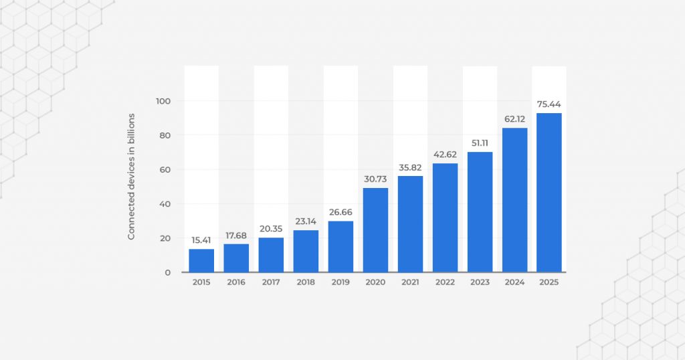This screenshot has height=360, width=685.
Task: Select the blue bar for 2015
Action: pos(201,260)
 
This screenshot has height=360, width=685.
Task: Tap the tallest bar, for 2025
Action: pos(549,192)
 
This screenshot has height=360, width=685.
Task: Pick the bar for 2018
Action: pos(306,251)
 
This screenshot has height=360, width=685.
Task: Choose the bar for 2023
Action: pos(480,211)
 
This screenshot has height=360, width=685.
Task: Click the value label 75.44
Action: pos(549,104)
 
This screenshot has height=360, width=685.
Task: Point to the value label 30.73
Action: pos(375,179)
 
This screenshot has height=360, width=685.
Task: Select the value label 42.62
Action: pos(445,155)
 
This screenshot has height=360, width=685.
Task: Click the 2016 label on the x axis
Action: pos(236,282)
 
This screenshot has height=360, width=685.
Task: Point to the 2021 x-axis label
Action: pos(410,282)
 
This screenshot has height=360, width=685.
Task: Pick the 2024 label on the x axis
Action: pos(514,282)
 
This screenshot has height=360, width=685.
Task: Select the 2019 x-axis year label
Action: pos(340,282)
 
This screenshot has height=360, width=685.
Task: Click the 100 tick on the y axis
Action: pos(164,101)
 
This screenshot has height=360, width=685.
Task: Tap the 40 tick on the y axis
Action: pos(166,204)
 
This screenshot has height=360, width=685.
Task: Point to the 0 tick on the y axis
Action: pos(169,272)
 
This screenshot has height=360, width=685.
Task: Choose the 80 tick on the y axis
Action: pos(166,135)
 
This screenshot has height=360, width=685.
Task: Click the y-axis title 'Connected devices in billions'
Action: pos(132,177)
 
